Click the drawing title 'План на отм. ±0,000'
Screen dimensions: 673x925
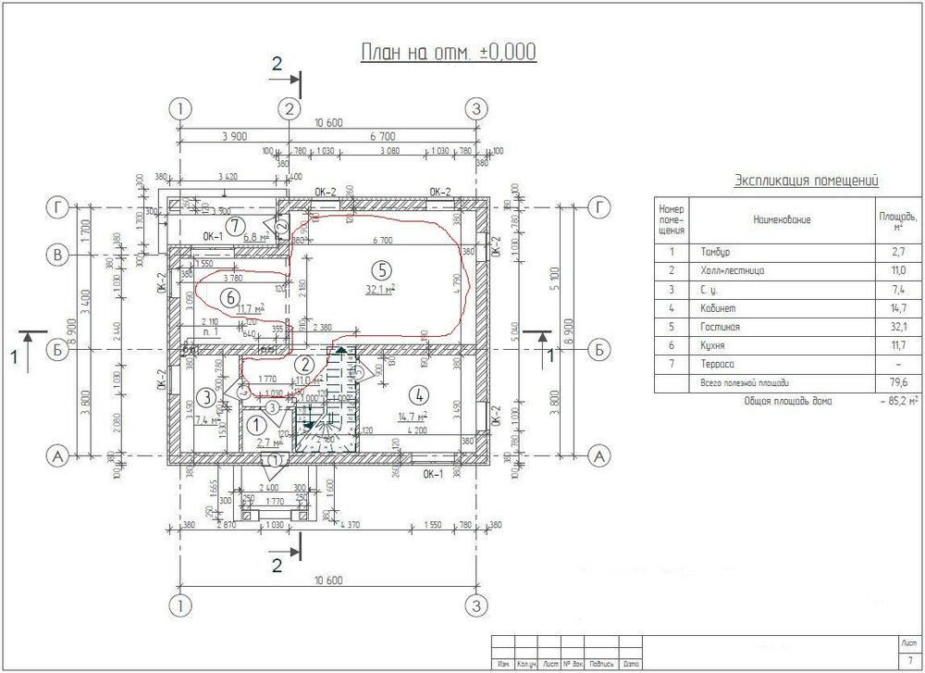[x=448, y=52]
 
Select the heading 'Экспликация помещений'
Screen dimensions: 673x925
[x=805, y=181]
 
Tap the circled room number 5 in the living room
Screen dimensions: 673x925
[x=377, y=270]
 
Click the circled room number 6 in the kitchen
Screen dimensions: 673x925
[x=230, y=296]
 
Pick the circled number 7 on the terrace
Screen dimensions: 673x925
[x=236, y=224]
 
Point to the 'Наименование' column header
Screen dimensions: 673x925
[x=782, y=219]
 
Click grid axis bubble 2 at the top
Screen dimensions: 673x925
[x=290, y=108]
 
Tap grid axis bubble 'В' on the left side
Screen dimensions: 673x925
[x=60, y=254]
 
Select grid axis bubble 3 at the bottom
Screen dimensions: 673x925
[x=475, y=606]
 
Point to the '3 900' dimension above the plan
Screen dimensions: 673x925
[x=234, y=136]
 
